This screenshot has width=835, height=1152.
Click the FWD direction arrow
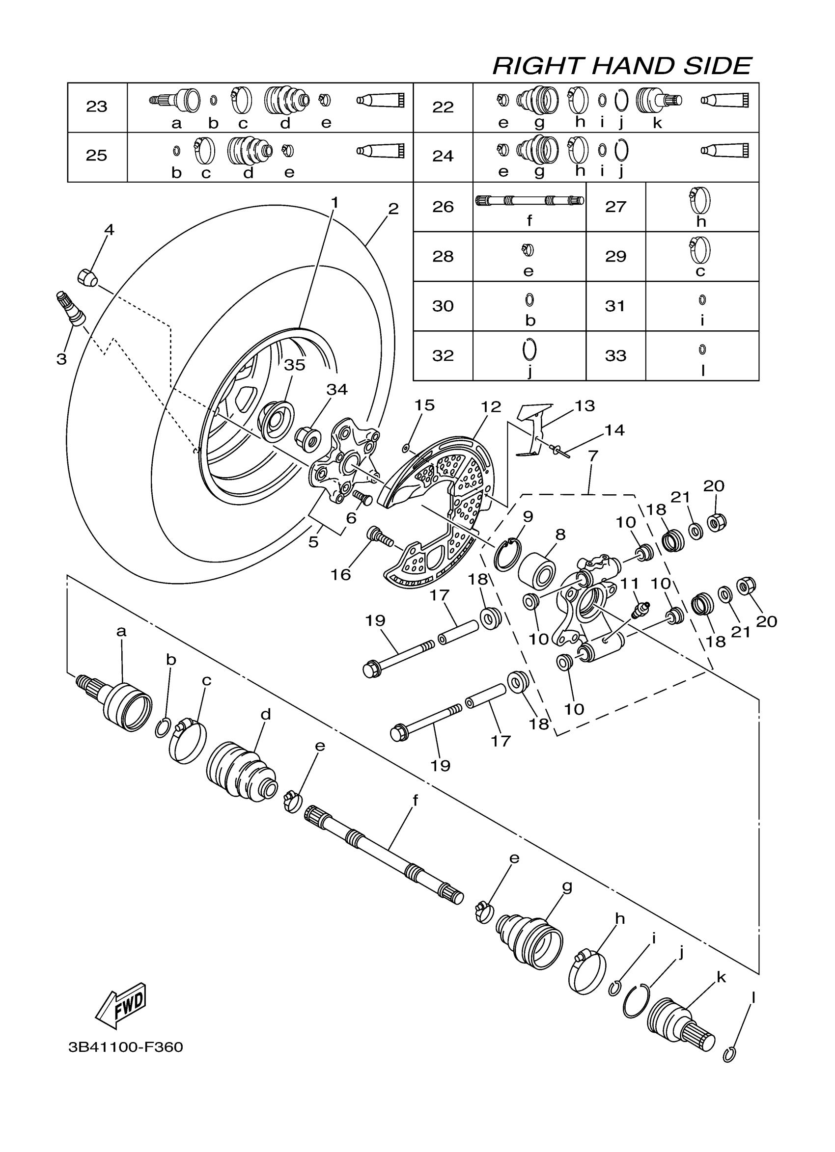121,1005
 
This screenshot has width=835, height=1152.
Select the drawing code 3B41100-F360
126,1047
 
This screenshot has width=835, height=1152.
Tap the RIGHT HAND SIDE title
622,67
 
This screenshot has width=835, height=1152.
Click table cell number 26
443,207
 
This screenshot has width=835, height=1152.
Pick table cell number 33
615,355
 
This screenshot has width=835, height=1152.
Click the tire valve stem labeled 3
72,308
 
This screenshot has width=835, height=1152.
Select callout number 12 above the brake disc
491,406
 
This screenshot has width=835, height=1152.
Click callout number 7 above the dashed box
593,455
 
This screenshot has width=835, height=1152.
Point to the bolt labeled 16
379,537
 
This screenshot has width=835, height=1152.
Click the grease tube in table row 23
380,100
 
